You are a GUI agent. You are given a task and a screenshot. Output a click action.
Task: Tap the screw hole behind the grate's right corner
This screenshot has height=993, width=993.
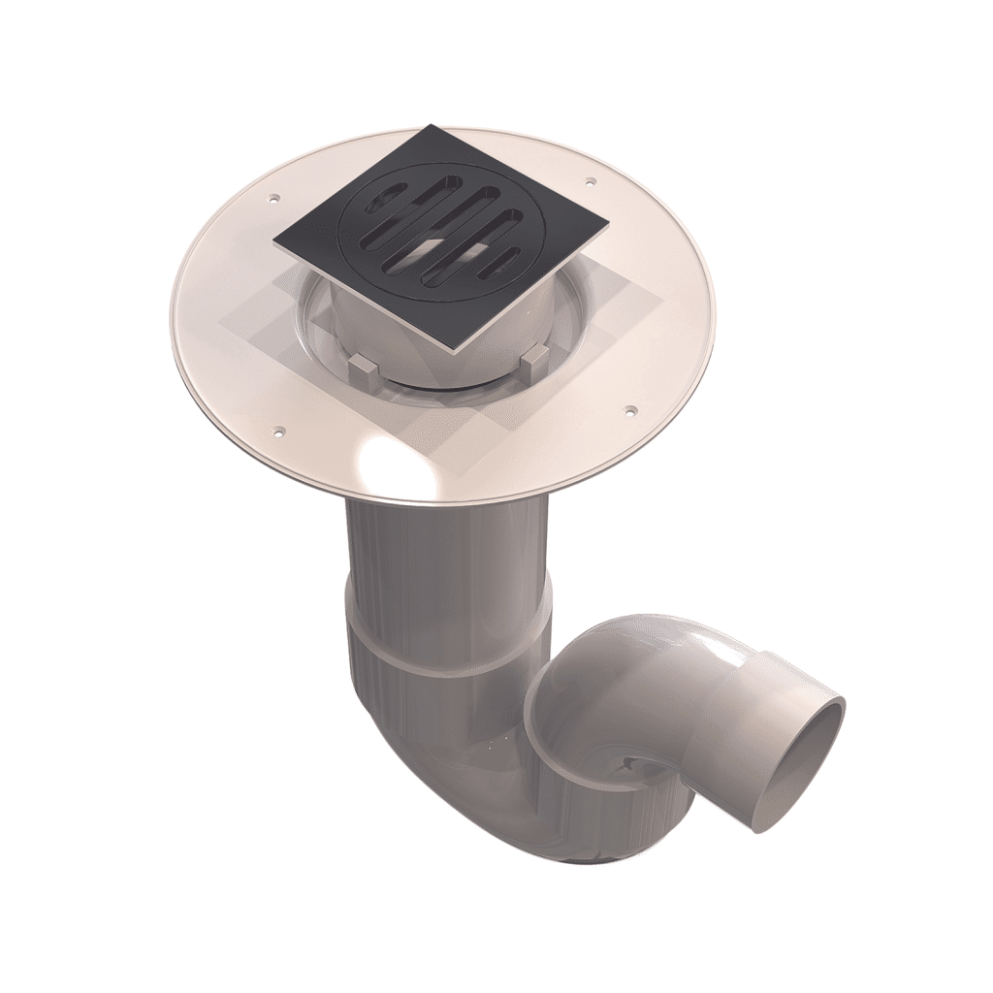tap(589, 179)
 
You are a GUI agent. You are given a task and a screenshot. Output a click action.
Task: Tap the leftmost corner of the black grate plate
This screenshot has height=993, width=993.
tap(275, 241)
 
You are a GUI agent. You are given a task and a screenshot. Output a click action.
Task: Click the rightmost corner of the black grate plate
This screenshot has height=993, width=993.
tap(607, 233)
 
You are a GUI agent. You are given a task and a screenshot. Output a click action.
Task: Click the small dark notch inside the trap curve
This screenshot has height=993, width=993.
tap(631, 765)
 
